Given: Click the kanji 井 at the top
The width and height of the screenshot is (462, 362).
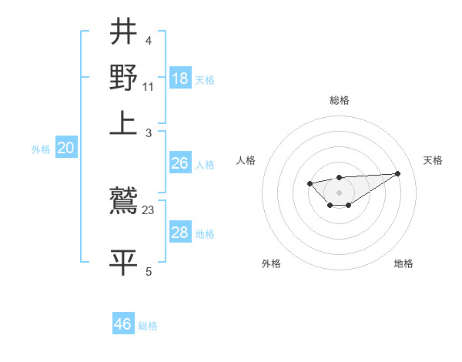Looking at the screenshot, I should pos(124,32).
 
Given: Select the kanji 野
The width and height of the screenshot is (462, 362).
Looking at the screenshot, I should pos(124,76).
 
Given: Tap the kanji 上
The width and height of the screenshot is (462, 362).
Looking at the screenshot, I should pos(124,121).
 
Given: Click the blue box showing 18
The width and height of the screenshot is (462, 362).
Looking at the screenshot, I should pos(179,79).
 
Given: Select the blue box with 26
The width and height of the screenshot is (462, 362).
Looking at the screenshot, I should pos(179,163).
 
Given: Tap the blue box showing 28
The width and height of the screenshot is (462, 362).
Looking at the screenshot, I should pos(179,233).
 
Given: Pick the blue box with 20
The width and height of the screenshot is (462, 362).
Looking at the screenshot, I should pos(65,149).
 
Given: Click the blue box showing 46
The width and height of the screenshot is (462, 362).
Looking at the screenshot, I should pos(123,324).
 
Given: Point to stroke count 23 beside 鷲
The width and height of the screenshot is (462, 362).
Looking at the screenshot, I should pos(149,209).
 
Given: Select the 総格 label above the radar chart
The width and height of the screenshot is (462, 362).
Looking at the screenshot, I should pos(339,100).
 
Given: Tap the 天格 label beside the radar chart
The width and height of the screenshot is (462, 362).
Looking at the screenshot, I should pos(433,160).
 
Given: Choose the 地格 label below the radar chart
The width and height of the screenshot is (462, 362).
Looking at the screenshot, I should pos(403,263).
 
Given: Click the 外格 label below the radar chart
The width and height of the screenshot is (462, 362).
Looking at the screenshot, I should pos(271,263).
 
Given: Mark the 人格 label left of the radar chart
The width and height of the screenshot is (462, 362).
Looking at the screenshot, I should pos(246,160).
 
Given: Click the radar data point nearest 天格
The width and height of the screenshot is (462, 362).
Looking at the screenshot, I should pos(398,173).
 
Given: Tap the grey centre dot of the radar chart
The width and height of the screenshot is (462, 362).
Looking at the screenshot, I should pos(339,192).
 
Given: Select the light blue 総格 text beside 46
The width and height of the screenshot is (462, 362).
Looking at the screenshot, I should pos(148,326).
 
